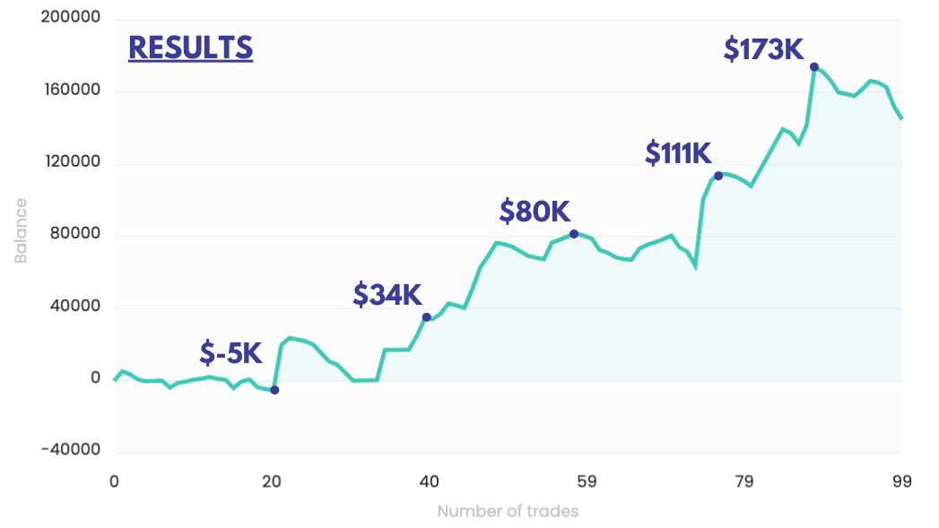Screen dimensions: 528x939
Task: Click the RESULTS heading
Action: click(190, 48)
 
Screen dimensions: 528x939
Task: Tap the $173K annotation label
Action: click(764, 49)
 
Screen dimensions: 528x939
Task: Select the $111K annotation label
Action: click(678, 153)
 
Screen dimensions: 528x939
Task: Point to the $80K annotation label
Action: click(535, 212)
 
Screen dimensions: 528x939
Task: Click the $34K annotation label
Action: click(387, 295)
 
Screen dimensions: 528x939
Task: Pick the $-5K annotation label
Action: click(230, 353)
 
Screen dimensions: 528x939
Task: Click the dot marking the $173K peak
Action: click(814, 67)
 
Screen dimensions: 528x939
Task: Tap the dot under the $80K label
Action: click(574, 234)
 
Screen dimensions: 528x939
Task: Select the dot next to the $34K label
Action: click(427, 317)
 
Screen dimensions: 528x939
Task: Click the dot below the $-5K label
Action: click(274, 390)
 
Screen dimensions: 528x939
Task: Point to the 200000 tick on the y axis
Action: click(70, 19)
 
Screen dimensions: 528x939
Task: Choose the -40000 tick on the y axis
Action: click(71, 451)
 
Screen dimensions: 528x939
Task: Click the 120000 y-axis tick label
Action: click(70, 163)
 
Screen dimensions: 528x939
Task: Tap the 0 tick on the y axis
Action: click(94, 379)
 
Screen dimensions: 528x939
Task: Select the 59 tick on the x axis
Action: click(587, 481)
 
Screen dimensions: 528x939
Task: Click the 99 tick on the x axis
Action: click(901, 481)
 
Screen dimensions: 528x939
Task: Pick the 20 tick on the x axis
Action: click(272, 481)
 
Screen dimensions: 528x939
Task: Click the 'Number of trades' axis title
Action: click(508, 512)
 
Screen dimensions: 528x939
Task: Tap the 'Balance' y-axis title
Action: click(21, 235)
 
